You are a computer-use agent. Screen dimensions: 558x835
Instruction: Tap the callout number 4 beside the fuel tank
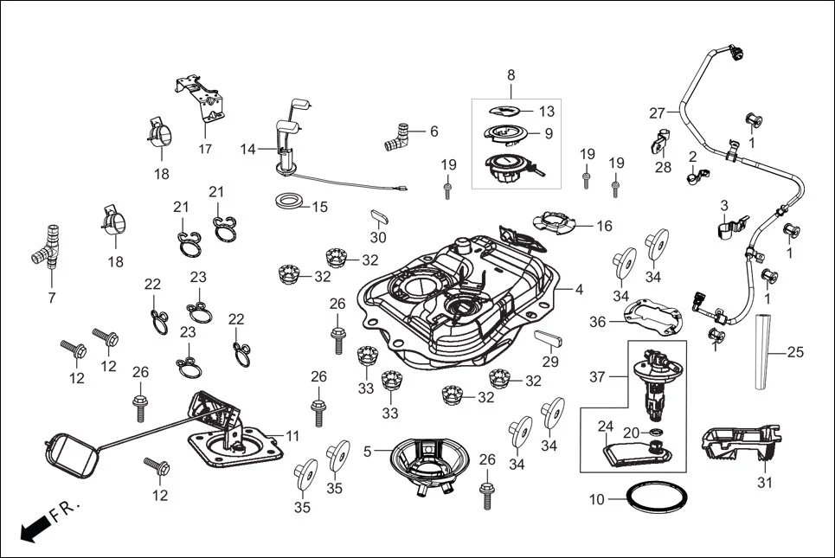click(x=579, y=289)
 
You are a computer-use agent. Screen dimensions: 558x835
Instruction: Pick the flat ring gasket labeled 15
click(x=288, y=202)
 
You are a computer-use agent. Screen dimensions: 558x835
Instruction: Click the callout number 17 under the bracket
click(x=205, y=149)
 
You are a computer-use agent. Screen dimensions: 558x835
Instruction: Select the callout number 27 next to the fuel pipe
click(x=657, y=112)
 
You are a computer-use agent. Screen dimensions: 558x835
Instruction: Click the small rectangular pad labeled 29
click(x=549, y=336)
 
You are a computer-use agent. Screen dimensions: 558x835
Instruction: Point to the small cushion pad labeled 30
click(x=379, y=215)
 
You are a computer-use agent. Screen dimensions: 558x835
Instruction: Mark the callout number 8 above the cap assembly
click(x=511, y=75)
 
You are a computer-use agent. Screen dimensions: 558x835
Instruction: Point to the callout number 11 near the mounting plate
click(x=292, y=436)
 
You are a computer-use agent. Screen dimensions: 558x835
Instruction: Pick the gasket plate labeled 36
click(x=653, y=317)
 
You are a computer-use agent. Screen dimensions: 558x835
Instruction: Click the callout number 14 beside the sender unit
click(x=248, y=149)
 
